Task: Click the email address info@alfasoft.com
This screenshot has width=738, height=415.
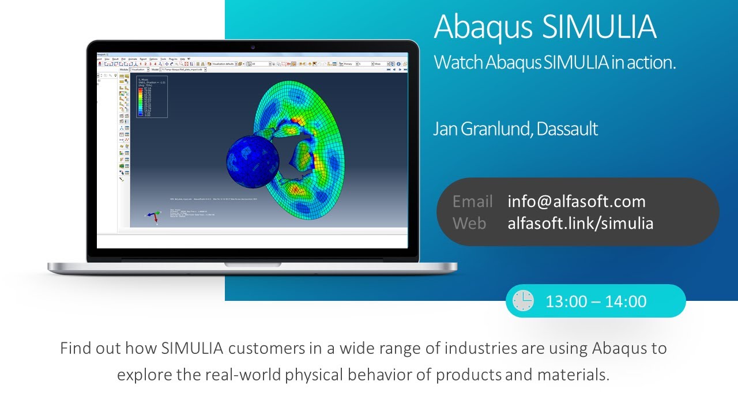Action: tap(577, 201)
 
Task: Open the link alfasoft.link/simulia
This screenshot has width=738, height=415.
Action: tap(581, 223)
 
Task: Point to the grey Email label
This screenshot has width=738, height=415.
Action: tap(472, 201)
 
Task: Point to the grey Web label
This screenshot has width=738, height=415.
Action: tap(469, 223)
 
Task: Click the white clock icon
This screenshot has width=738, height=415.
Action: tap(523, 301)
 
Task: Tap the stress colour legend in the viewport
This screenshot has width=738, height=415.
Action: tap(152, 97)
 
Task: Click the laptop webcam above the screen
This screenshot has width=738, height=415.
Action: tap(253, 47)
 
